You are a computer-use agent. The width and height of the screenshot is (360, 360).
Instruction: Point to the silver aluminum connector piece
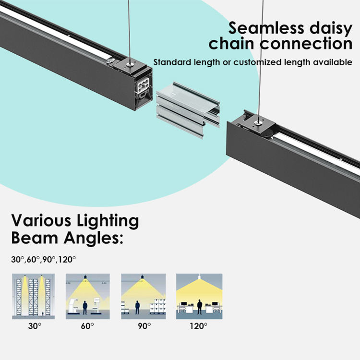188,110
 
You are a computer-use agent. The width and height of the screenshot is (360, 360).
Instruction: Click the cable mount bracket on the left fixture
128,62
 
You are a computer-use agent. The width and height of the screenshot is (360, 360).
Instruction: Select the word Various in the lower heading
40,221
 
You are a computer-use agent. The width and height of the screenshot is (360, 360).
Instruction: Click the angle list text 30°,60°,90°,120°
44,260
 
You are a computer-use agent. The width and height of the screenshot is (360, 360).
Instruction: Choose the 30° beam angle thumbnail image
33,296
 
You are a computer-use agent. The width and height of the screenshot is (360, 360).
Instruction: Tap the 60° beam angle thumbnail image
88,296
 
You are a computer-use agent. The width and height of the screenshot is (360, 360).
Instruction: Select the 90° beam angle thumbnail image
144,296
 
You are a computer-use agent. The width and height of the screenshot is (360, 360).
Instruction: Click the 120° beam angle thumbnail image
199,296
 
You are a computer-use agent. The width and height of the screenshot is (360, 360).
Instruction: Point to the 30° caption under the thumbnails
33,326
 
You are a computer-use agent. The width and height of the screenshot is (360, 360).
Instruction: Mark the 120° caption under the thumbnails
199,326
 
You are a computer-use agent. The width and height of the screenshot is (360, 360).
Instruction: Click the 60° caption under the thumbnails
88,326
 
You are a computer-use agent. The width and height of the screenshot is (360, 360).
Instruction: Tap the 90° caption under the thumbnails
144,326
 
